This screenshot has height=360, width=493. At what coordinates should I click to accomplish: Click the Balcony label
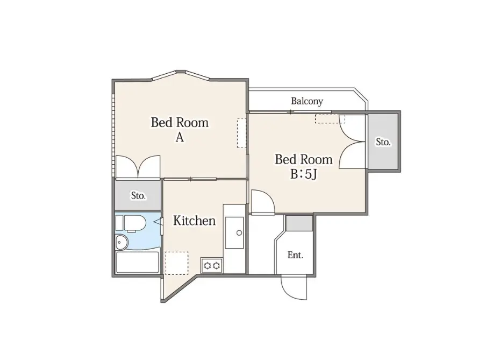point(307,101)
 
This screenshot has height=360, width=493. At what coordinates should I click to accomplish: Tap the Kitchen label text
point(194,221)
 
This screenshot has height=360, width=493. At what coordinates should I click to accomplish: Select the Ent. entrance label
point(295,255)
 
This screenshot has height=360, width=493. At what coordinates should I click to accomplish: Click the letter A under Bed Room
point(180,137)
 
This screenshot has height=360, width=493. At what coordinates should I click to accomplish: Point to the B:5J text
point(303,174)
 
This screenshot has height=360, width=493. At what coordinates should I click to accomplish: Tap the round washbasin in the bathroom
point(122,242)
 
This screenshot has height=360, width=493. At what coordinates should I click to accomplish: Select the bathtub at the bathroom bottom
point(138,263)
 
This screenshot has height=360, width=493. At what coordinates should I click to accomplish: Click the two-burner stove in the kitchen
point(212,266)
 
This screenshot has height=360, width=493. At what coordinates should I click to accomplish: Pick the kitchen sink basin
point(234,232)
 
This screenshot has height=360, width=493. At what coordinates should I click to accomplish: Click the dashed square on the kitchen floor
point(177,263)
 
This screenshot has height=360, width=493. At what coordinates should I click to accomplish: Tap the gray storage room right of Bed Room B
point(383,142)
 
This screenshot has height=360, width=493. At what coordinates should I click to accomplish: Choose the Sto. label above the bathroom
point(138,196)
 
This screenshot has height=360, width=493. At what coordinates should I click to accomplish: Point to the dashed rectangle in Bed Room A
point(241,133)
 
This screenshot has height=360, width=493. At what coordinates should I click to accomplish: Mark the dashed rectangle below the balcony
point(330,119)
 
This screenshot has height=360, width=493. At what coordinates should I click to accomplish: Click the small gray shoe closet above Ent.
point(299,223)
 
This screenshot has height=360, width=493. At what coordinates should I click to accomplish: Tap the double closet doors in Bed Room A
point(138,166)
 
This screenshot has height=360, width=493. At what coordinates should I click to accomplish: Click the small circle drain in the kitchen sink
point(239,233)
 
